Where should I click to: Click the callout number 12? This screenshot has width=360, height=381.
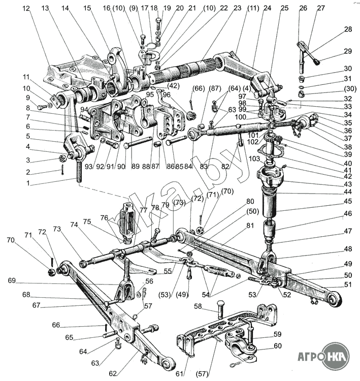[26, 9]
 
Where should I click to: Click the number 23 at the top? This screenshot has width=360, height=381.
[224, 9]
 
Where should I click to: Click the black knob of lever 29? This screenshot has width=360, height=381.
[317, 62]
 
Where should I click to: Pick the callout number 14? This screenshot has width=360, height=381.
[67, 9]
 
